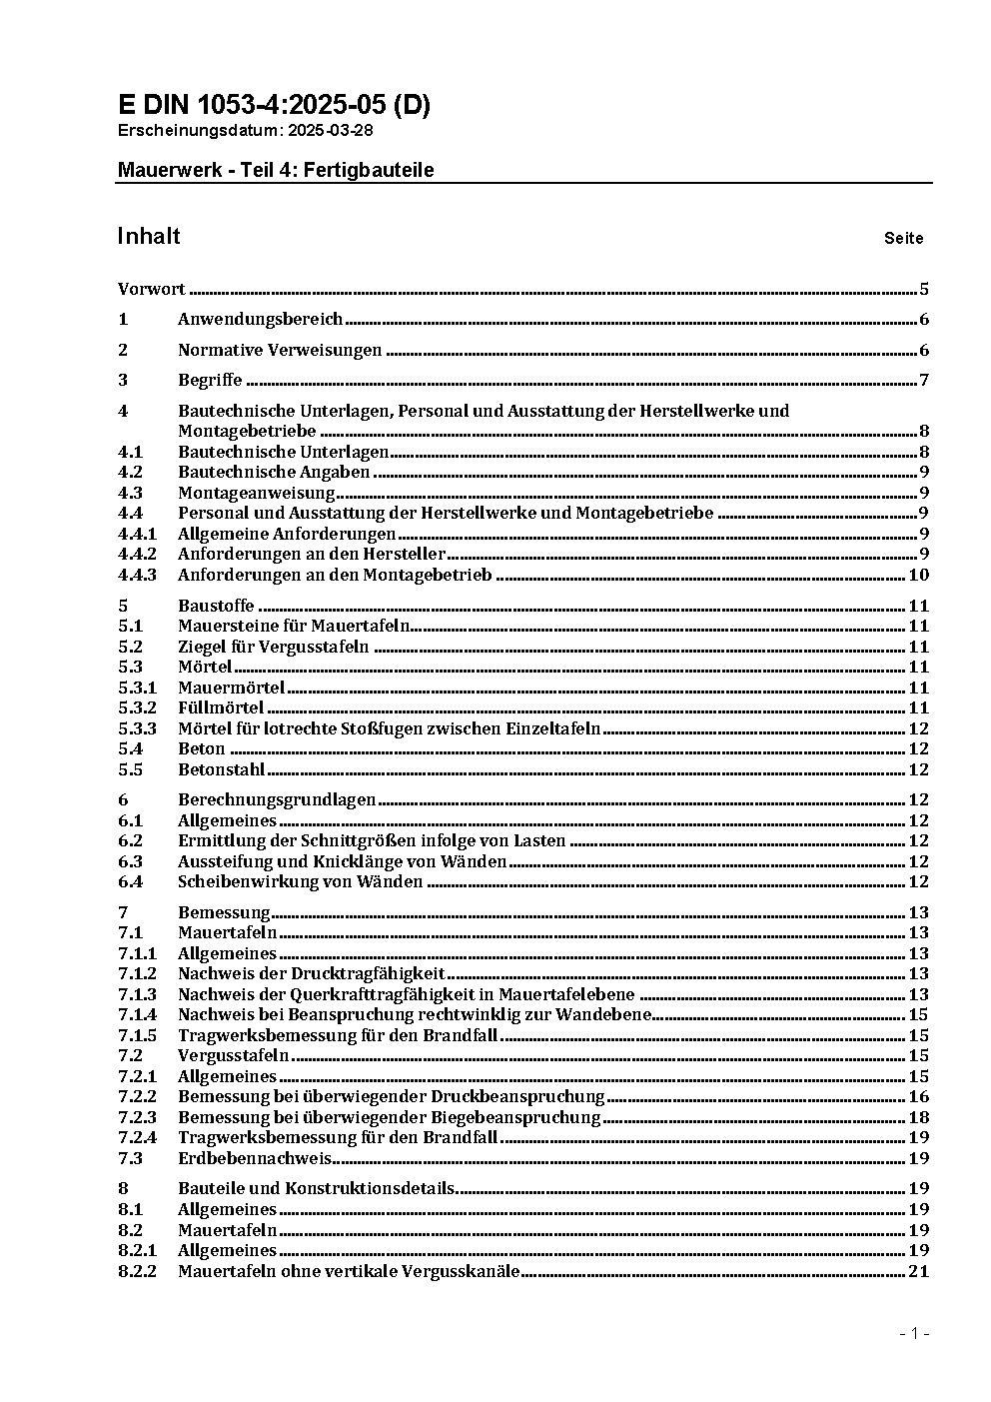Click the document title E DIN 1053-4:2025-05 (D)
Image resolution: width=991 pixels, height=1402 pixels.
(x=274, y=105)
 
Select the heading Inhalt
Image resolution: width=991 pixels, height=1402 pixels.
(x=149, y=236)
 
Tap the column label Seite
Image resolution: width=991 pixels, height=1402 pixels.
(x=903, y=239)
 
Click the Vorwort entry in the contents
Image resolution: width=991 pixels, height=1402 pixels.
(x=151, y=290)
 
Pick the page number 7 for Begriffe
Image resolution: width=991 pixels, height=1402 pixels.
(x=924, y=380)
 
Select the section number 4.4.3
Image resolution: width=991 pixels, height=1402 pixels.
(x=137, y=575)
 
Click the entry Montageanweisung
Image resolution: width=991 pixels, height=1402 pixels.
(x=256, y=493)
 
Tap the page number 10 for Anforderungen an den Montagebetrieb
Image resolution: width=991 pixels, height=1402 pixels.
(x=918, y=575)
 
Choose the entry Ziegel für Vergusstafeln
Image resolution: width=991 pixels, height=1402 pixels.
(x=273, y=647)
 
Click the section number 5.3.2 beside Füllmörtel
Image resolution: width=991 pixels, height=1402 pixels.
(x=137, y=707)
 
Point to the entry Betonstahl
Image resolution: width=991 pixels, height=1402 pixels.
(x=221, y=769)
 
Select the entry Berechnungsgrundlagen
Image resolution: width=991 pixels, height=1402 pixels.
(x=277, y=799)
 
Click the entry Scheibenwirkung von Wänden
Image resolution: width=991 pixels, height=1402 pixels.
(x=300, y=881)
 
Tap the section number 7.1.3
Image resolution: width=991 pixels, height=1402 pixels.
(x=137, y=994)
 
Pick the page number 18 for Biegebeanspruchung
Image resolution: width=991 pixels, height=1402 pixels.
(x=918, y=1117)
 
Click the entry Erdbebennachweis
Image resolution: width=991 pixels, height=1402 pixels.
(x=254, y=1158)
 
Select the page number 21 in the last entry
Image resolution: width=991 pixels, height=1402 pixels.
(x=918, y=1271)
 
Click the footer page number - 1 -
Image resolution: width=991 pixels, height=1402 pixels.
(x=914, y=1334)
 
